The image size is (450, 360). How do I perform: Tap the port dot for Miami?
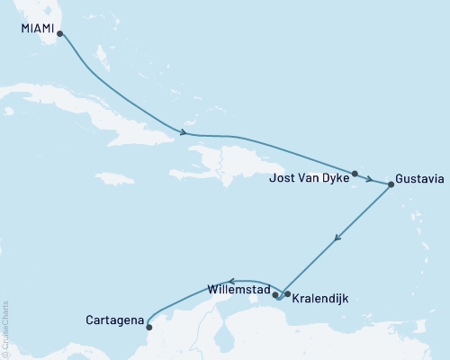(x=59, y=35)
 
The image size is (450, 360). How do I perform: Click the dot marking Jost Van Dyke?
(x=355, y=174)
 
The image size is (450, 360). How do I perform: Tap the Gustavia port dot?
(x=391, y=184)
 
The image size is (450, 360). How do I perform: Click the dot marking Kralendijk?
(x=286, y=293)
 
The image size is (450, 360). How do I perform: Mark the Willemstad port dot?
(x=275, y=293)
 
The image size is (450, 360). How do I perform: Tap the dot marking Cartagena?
(x=149, y=327)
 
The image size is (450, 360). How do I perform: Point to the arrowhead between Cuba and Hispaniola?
(x=184, y=133)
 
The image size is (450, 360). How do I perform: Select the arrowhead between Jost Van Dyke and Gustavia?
(x=369, y=179)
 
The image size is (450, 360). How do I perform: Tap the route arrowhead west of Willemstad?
(x=230, y=280)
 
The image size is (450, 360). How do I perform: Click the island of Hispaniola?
(x=234, y=166)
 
